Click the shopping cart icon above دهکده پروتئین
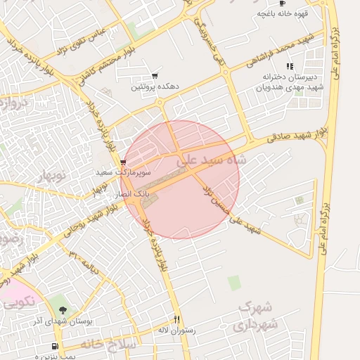pyautogui.click(x=155, y=76)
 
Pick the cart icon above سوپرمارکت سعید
pyautogui.click(x=124, y=162)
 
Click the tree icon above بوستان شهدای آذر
pyautogui.click(x=63, y=310)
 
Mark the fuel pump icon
pyautogui.click(x=56, y=347)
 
